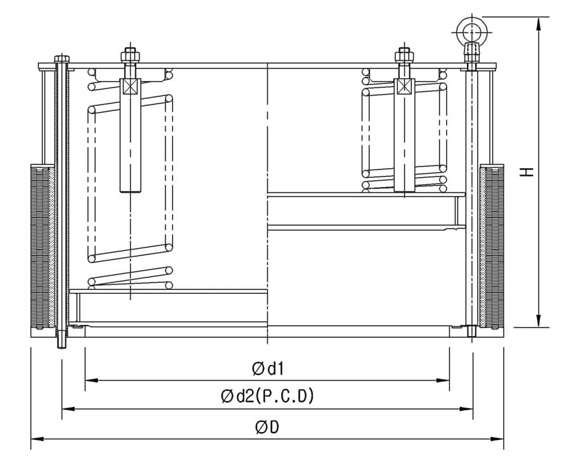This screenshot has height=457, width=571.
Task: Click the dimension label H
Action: pos(526,171)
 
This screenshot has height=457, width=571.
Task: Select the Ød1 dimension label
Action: pos(267,368)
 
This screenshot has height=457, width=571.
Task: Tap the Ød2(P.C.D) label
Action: pos(267,397)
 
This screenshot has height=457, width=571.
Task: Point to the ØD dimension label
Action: pos(267,427)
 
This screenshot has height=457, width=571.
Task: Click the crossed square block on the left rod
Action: pos(129,87)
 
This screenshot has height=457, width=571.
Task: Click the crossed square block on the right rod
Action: pos(404,87)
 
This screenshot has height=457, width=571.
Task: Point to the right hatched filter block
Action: pos(492,246)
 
